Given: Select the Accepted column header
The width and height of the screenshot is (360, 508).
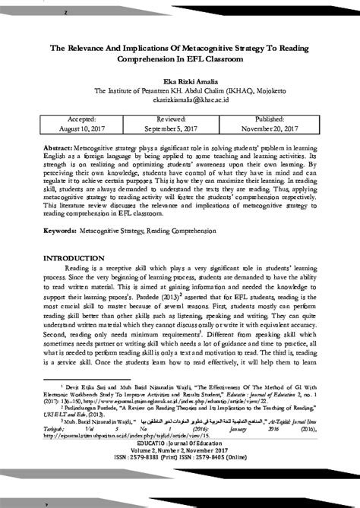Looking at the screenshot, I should click(x=81, y=118).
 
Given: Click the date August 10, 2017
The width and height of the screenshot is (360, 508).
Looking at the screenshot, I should click(x=81, y=128).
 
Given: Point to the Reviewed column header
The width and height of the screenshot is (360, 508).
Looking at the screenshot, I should click(x=180, y=118).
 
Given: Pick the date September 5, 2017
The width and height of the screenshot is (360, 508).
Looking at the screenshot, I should click(x=180, y=128).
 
